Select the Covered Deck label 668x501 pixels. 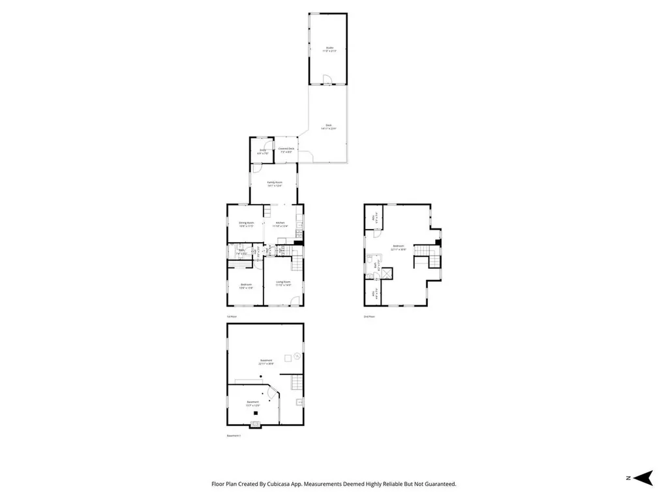coord(286,149)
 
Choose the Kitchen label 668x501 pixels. coord(281,224)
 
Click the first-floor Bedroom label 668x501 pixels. coord(246,285)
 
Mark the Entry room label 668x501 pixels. coord(262,151)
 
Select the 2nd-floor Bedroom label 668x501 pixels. coord(398,247)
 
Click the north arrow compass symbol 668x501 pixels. coord(644,478)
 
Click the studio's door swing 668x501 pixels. coord(329,80)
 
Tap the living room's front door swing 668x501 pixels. coord(296,301)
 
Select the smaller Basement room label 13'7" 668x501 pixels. coord(252,402)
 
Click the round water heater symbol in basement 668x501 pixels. coord(297,356)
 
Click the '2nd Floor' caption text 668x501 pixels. coord(369,317)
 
